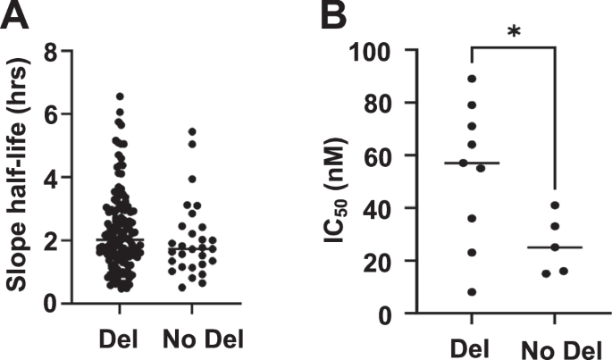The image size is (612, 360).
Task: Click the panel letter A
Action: (15, 16)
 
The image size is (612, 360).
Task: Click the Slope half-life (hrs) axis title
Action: (24, 179)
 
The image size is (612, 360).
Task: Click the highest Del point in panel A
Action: (120, 96)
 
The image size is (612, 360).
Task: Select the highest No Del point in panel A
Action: (192, 132)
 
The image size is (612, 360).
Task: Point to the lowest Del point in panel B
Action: (472, 292)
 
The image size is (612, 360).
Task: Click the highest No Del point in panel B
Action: (555, 205)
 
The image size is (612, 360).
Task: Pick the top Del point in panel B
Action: (472, 79)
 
